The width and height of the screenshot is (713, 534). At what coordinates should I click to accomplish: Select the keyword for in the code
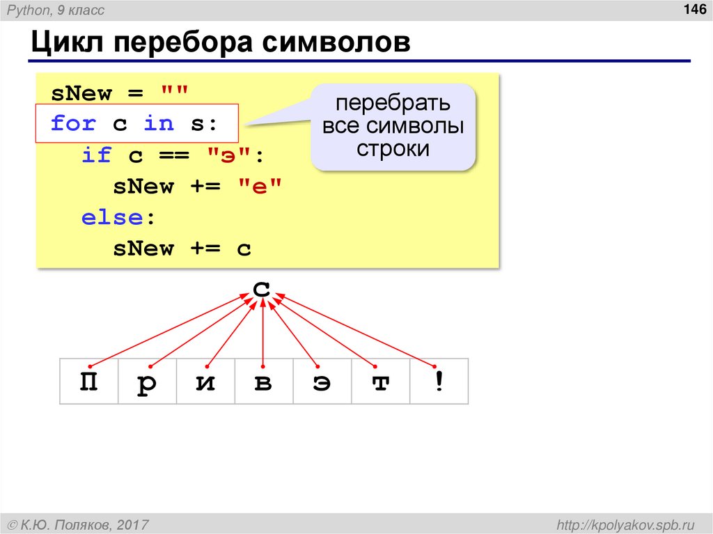[73, 124]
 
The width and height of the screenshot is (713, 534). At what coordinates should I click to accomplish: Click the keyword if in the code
[96, 155]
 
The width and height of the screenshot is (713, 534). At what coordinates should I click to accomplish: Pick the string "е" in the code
[260, 187]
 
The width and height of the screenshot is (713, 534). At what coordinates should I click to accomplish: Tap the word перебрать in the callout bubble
[393, 104]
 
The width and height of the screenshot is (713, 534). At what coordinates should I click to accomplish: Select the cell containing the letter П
[88, 382]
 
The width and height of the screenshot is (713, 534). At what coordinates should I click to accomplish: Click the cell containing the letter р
[147, 382]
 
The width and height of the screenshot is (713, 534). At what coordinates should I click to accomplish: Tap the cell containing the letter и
[205, 382]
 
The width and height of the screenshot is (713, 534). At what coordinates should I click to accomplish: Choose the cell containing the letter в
[263, 382]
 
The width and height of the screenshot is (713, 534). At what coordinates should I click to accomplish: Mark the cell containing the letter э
[322, 382]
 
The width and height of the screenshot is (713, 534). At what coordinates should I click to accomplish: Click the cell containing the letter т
[380, 382]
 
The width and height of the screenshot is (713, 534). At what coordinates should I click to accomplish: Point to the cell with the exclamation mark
[439, 382]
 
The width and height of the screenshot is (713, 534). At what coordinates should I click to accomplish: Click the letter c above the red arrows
[262, 288]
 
